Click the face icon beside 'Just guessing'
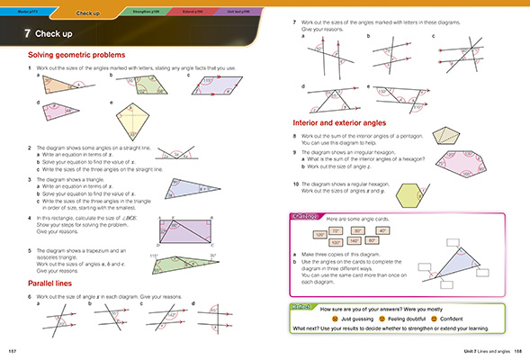(x=335, y=319)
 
